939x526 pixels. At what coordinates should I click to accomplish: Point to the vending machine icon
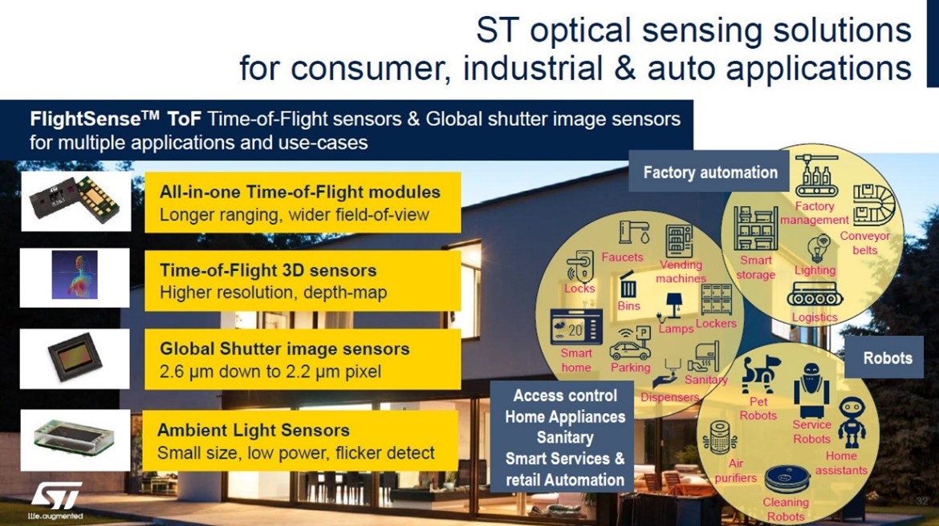[x=679, y=241]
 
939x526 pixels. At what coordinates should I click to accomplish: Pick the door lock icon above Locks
[x=579, y=265]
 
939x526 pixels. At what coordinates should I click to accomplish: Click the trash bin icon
[x=628, y=285]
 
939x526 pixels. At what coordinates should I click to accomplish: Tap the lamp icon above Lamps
[x=671, y=306]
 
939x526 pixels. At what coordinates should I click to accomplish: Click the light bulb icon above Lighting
[x=818, y=249]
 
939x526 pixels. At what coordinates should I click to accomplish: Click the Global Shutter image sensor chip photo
[x=75, y=358]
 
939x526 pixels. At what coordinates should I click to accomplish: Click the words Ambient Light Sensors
[x=254, y=431]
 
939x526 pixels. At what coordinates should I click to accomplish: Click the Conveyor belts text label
[x=864, y=243]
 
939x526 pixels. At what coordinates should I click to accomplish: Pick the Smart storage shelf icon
[x=756, y=228]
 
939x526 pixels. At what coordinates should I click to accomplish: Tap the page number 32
[x=921, y=500]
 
